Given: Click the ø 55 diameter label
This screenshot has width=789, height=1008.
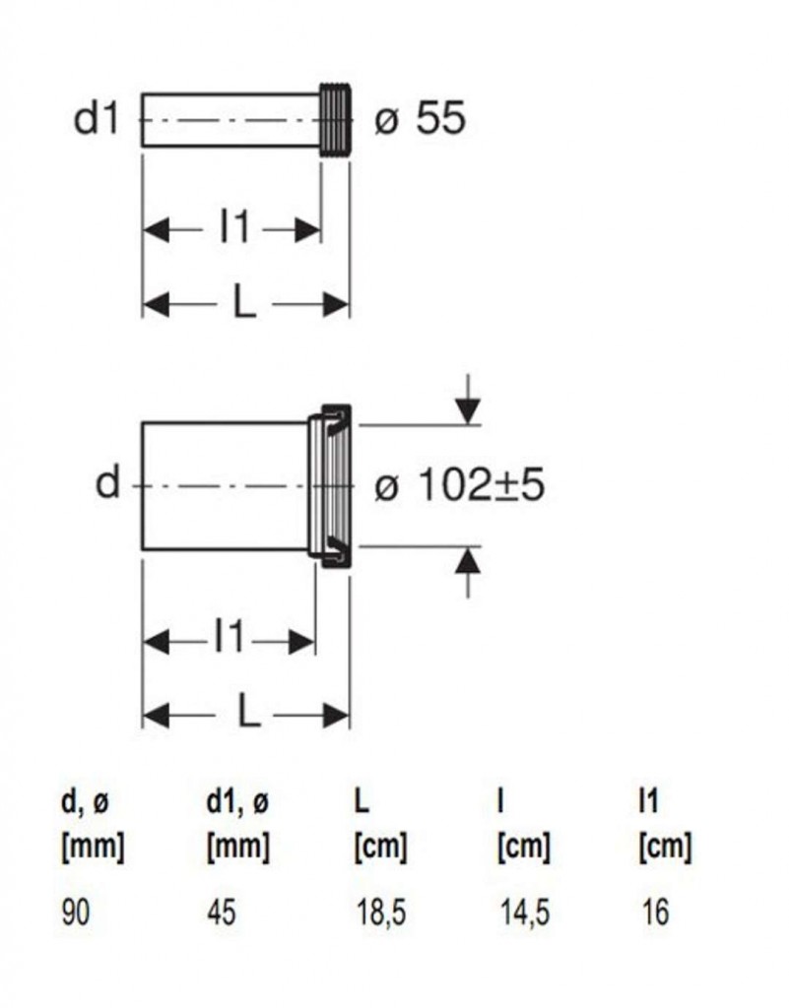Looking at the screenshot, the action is [x=420, y=118].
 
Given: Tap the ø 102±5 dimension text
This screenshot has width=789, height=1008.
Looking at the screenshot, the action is [x=459, y=484].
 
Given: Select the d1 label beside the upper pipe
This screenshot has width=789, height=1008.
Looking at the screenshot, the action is [x=97, y=118].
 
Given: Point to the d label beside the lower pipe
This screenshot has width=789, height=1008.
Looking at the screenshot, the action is [x=107, y=482].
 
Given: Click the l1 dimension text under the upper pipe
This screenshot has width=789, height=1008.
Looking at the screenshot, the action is [x=234, y=227].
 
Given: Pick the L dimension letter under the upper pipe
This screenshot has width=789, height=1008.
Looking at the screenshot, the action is [x=243, y=302].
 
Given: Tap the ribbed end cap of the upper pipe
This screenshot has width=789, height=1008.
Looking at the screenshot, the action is [x=336, y=119].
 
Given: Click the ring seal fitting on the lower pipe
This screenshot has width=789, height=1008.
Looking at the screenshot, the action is [x=329, y=486].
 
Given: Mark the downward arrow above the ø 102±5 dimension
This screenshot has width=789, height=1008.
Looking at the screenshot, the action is [x=468, y=401].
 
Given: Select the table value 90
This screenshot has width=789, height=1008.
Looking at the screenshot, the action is [x=75, y=912].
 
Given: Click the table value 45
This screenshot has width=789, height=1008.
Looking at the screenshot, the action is [x=222, y=912].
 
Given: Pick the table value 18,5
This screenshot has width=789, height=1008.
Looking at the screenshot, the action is [x=380, y=913].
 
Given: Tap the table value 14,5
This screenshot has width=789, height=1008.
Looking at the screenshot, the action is [x=525, y=913].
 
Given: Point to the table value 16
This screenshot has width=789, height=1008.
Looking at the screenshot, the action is [x=655, y=912].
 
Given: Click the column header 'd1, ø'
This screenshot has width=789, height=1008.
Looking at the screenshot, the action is [x=237, y=801].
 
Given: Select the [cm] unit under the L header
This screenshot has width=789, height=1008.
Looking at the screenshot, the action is [x=380, y=846].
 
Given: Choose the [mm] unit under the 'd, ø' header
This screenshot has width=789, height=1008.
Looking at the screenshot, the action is [x=93, y=846].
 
